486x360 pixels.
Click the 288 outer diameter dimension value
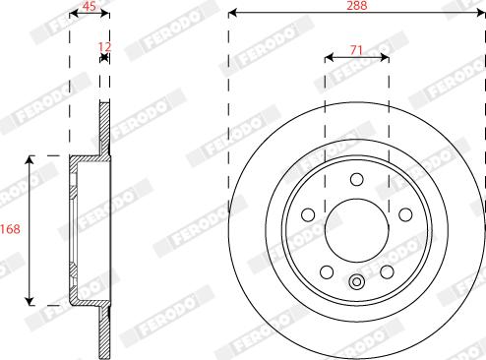[356, 5]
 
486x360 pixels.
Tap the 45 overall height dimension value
[89, 5]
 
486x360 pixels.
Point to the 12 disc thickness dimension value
[105, 46]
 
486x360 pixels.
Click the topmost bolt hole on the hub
[356, 178]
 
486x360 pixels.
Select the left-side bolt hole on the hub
[308, 213]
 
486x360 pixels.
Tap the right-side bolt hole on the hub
[404, 213]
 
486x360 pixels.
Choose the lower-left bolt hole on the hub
[327, 270]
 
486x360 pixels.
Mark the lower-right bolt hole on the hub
[387, 270]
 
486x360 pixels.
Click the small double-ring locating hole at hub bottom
[356, 283]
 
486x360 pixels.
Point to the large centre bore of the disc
[356, 228]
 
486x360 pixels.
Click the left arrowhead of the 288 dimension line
[233, 14]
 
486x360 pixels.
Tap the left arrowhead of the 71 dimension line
[330, 58]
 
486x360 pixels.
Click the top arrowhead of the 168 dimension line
[31, 158]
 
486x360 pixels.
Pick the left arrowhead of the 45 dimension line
[73, 14]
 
